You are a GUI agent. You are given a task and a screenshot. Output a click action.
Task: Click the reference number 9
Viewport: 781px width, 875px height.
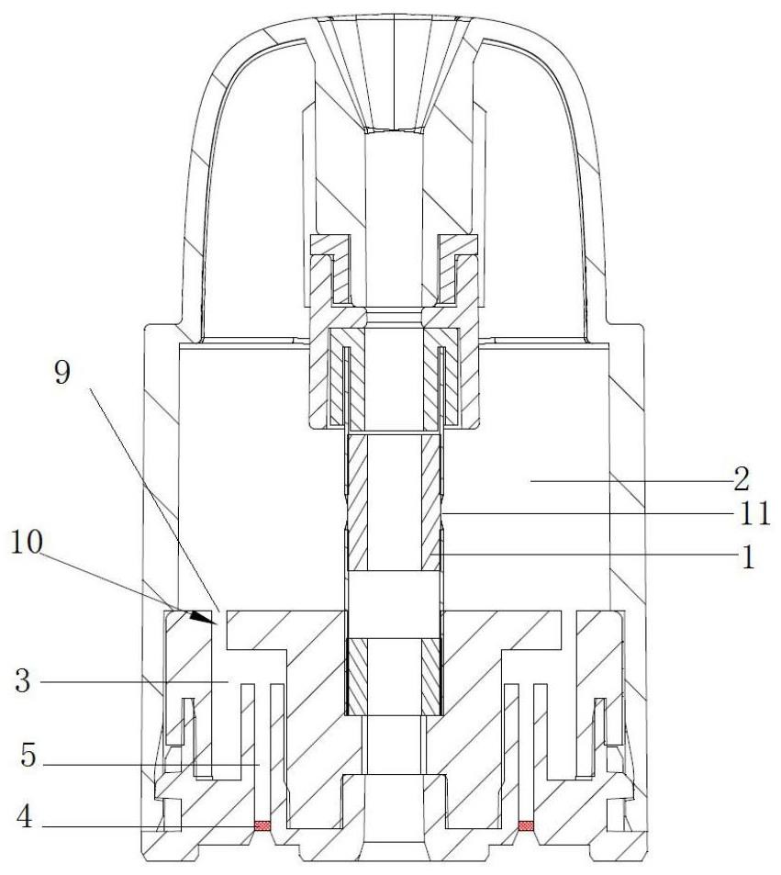click(x=62, y=372)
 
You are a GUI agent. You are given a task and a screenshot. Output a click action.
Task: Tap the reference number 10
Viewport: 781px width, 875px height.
click(x=28, y=542)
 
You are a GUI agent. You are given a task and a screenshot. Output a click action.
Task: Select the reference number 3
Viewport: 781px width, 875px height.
click(x=23, y=681)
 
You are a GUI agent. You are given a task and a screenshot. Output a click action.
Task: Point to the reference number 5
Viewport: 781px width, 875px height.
click(x=28, y=756)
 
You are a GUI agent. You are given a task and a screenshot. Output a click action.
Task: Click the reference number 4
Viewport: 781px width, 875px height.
click(x=25, y=818)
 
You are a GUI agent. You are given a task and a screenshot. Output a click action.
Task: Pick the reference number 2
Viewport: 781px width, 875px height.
click(x=741, y=479)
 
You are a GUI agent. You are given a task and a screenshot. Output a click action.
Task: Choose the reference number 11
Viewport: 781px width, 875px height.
click(x=754, y=514)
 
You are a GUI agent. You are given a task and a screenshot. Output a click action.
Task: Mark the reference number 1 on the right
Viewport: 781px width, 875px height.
click(x=748, y=556)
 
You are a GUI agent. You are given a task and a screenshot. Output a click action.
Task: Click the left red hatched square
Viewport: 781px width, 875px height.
click(x=262, y=825)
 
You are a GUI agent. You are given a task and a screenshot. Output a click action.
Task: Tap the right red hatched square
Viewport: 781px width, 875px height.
click(x=526, y=825)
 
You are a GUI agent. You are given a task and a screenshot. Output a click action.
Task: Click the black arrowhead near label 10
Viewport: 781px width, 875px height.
click(x=201, y=616)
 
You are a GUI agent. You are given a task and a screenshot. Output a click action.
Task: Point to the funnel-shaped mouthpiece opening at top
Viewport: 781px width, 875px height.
click(x=394, y=74)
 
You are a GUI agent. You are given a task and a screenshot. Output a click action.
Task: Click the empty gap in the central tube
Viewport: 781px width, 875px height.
click(x=394, y=604)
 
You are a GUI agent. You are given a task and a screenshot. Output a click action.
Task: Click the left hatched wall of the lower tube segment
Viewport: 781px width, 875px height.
click(x=357, y=677)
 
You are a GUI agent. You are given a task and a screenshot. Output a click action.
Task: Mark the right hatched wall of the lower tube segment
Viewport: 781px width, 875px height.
click(x=431, y=677)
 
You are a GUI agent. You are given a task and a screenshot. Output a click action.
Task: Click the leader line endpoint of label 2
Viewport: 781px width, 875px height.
click(x=530, y=480)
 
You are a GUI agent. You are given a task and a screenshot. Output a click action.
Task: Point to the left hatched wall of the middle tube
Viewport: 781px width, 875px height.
click(x=357, y=503)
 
